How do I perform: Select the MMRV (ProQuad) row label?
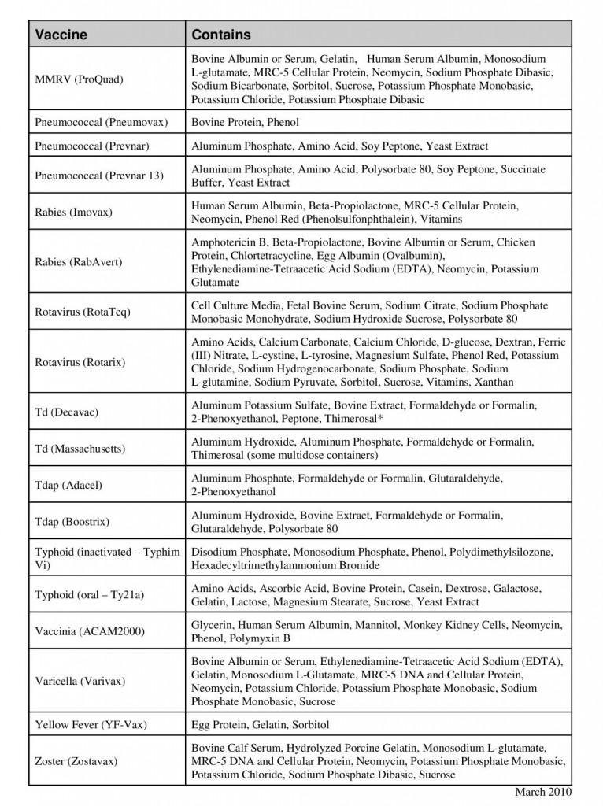tap(80, 79)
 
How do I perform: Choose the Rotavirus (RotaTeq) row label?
tap(83, 312)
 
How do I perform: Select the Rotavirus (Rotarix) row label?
tap(80, 362)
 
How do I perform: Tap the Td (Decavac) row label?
tap(67, 412)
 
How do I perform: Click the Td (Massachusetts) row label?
tap(80, 449)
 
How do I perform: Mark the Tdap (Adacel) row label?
tap(68, 486)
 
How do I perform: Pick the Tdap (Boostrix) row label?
tap(72, 522)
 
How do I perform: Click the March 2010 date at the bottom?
tap(543, 792)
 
